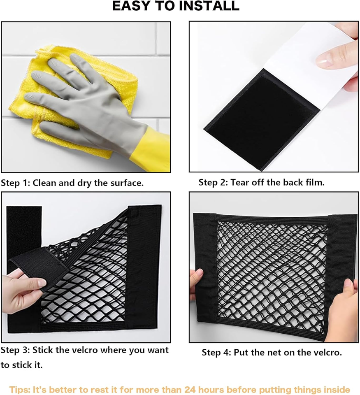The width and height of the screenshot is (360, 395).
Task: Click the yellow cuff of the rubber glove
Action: (x=151, y=149)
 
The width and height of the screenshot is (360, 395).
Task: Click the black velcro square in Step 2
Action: (x=260, y=121)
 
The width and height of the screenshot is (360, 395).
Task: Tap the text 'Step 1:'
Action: (x=15, y=183)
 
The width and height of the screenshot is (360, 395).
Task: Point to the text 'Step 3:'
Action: (x=15, y=350)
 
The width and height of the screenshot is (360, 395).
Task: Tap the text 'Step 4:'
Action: (x=216, y=353)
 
